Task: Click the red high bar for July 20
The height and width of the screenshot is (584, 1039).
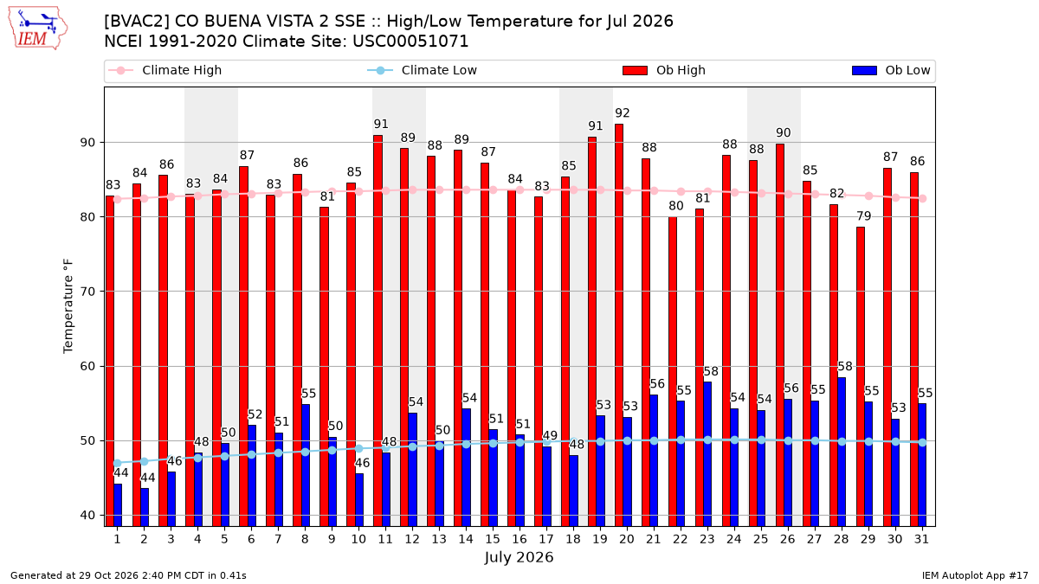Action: tap(619, 325)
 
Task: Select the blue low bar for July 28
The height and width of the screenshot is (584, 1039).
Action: tap(842, 452)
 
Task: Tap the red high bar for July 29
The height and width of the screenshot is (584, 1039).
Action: tap(861, 377)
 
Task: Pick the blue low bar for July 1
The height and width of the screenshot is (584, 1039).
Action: tap(118, 505)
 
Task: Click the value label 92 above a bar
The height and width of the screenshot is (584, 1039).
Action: tap(623, 113)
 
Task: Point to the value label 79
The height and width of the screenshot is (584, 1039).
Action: tap(864, 216)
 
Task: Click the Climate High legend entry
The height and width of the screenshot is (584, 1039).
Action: tap(165, 70)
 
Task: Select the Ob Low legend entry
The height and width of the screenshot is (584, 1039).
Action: tap(891, 70)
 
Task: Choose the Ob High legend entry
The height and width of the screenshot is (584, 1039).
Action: tap(664, 70)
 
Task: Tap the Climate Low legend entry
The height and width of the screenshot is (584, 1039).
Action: tap(423, 70)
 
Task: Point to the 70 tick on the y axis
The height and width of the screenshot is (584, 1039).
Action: tap(87, 292)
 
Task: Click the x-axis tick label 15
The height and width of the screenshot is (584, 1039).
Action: tap(493, 539)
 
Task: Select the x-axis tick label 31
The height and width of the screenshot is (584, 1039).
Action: tap(921, 539)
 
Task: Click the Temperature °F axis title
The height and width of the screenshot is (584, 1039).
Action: tap(68, 306)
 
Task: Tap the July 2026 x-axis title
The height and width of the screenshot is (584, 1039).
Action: tap(519, 557)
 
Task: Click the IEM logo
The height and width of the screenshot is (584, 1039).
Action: tap(38, 29)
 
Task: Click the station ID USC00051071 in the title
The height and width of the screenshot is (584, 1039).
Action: tap(410, 42)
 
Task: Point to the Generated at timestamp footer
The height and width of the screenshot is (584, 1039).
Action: tap(128, 575)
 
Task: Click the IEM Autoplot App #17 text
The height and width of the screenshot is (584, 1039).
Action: tap(975, 575)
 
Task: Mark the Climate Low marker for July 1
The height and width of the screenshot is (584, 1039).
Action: tap(118, 463)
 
